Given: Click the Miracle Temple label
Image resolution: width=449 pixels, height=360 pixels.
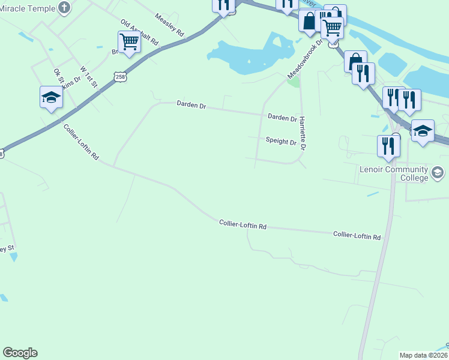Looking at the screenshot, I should (x=27, y=8).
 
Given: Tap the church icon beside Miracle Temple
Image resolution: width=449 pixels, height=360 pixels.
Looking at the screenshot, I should (x=65, y=8).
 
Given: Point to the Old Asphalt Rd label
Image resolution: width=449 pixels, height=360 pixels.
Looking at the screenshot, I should (x=139, y=33).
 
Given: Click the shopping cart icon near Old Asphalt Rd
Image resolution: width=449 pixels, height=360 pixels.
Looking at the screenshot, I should (x=129, y=43).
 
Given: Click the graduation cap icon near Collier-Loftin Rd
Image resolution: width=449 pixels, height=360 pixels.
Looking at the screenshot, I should (x=51, y=98).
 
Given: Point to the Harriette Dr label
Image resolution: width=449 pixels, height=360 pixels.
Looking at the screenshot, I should (x=304, y=133).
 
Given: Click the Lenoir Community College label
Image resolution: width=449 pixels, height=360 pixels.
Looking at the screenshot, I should (x=394, y=173).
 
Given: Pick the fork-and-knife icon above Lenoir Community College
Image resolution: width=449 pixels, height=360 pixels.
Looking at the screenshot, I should (x=388, y=146).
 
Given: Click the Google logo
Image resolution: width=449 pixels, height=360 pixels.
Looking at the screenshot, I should (x=20, y=353).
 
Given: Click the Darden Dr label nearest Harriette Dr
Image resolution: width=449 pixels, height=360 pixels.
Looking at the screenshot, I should (x=282, y=118).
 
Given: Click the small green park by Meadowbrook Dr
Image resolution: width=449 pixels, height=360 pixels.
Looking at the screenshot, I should (x=294, y=82).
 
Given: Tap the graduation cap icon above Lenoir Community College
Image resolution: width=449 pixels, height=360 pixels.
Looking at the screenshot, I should (x=423, y=130).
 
